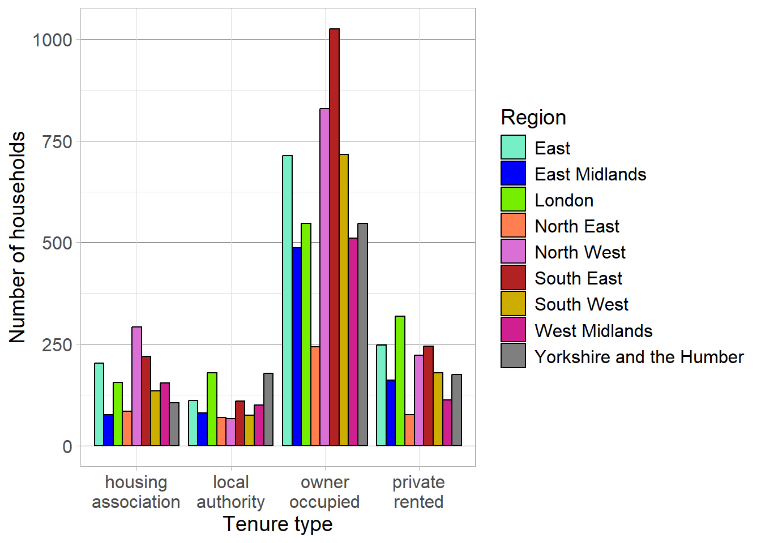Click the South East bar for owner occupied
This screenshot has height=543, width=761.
(334, 238)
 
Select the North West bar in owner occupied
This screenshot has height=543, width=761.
(324, 277)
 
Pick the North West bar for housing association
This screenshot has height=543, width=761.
(136, 386)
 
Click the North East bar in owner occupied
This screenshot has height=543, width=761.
(315, 396)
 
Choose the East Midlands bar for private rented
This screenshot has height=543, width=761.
(391, 413)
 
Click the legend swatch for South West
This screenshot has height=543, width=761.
(513, 304)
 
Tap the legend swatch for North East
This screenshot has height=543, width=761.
(513, 226)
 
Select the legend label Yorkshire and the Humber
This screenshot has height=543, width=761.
(639, 357)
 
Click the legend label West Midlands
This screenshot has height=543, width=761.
(593, 331)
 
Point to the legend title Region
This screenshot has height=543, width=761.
(533, 117)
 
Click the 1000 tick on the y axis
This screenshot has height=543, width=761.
(53, 40)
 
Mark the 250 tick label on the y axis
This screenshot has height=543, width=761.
(57, 344)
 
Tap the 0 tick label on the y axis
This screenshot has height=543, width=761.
(67, 446)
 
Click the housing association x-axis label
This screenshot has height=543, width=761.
(136, 492)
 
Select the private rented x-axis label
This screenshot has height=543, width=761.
(418, 492)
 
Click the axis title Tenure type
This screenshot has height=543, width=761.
(277, 524)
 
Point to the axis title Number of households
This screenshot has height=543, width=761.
(18, 238)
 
